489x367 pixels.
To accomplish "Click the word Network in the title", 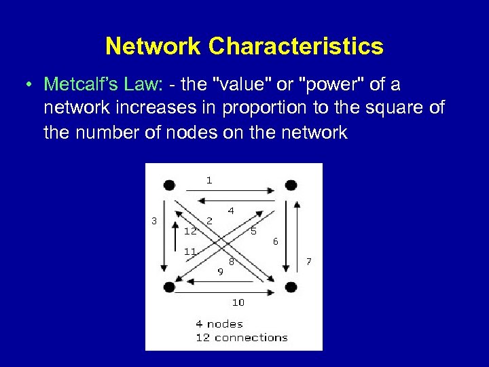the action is [x=154, y=46].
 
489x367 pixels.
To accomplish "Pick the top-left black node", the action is [x=169, y=185].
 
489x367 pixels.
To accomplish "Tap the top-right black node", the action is [x=291, y=185].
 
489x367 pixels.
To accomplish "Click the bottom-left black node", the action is [x=169, y=287].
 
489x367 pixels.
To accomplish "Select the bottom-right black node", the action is [x=291, y=287].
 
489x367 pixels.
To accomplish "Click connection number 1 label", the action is [x=209, y=180].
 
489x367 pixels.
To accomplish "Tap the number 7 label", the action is [x=309, y=261].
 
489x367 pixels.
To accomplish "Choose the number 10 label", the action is [x=238, y=302].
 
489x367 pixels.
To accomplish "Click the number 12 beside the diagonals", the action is [x=191, y=230].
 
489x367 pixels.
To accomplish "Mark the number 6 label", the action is [x=275, y=241].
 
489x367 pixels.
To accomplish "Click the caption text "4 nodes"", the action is [x=219, y=324].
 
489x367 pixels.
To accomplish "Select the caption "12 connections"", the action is [x=241, y=337].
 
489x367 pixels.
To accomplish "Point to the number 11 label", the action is [x=191, y=251].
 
